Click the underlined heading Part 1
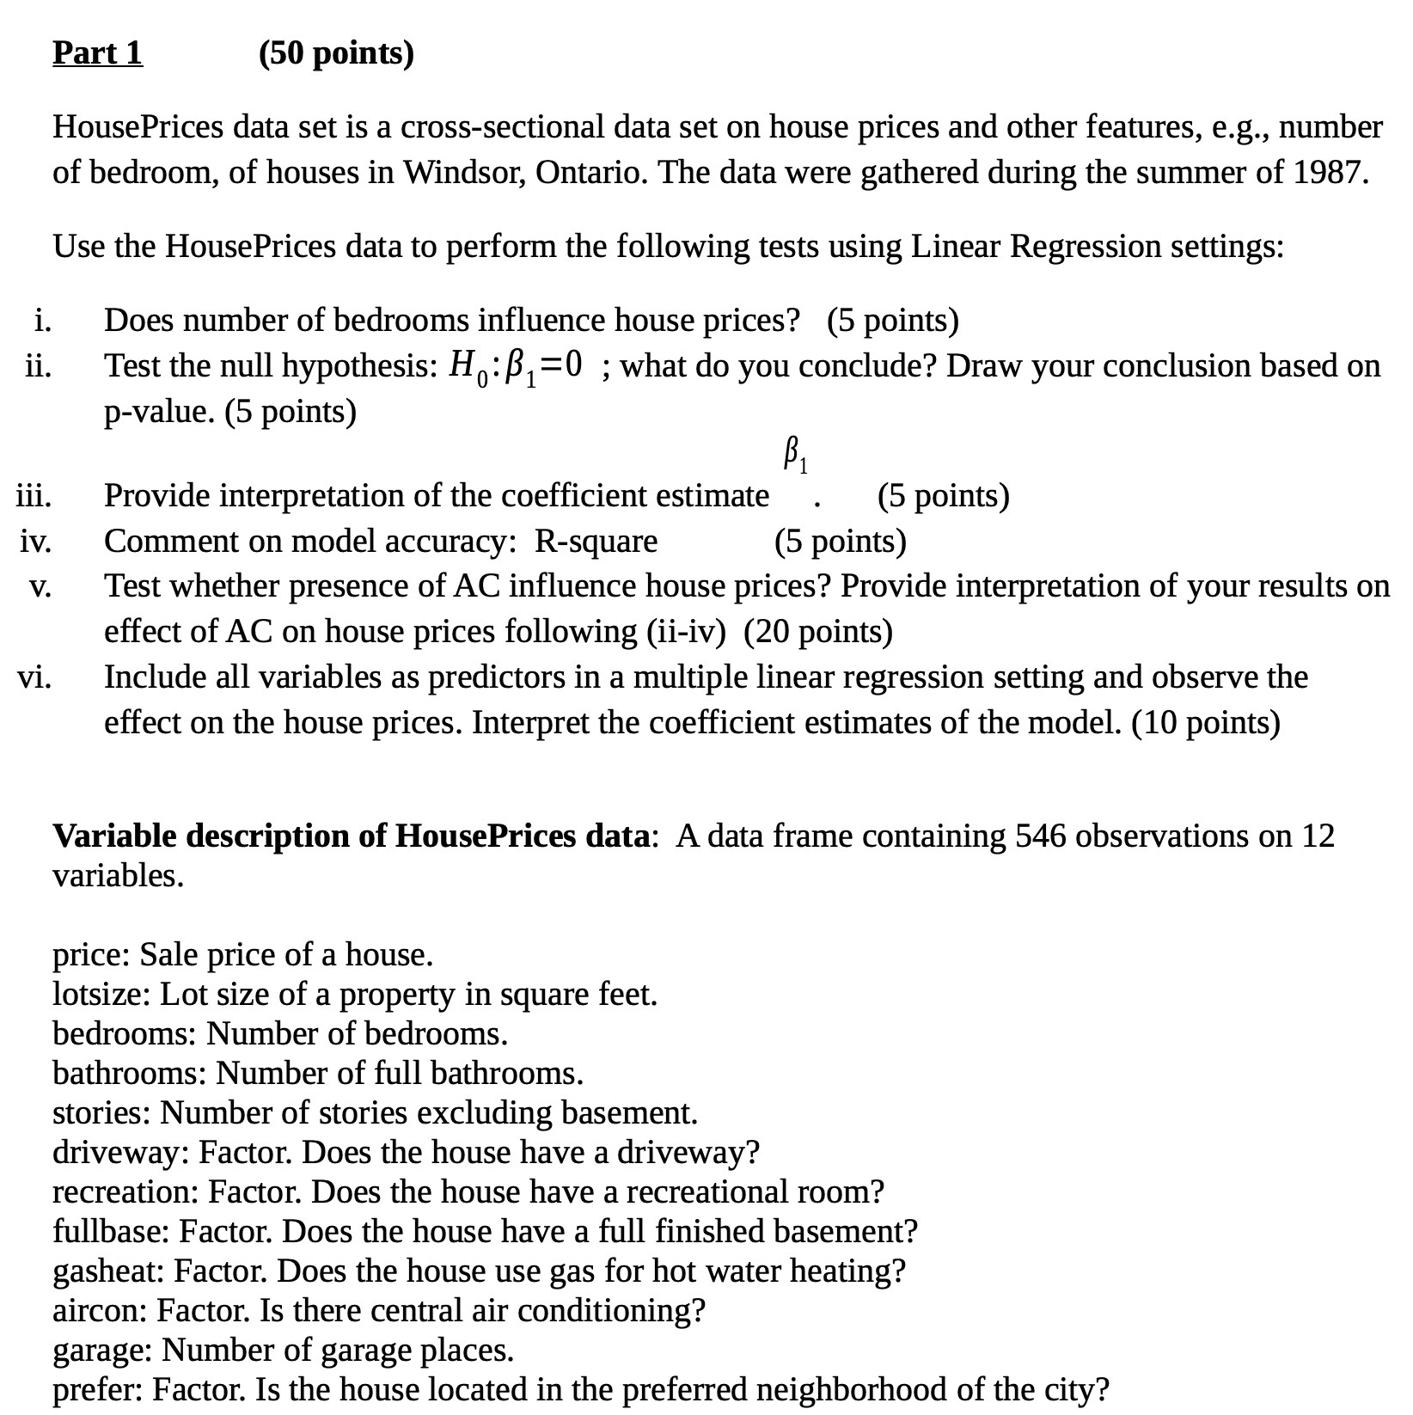(x=97, y=53)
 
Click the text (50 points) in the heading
(x=336, y=53)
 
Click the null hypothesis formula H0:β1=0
(x=518, y=367)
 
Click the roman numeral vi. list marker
(x=34, y=677)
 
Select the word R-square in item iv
(x=596, y=542)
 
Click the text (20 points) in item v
(x=817, y=632)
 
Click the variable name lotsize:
(x=102, y=995)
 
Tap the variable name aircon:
(x=99, y=1310)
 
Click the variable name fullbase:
(x=112, y=1231)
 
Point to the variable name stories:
(x=102, y=1113)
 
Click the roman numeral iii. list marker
(x=34, y=496)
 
